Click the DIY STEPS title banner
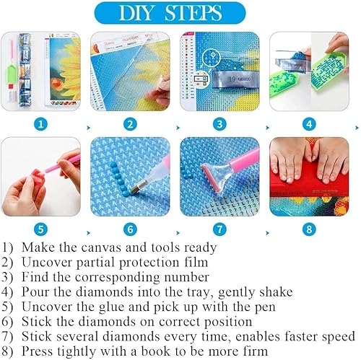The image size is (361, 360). point(180,14)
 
